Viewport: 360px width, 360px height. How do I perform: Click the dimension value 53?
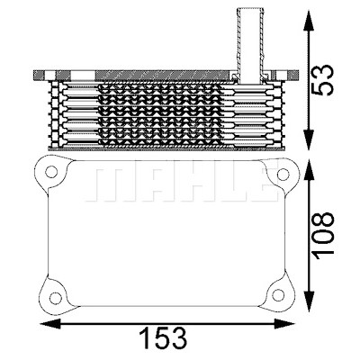(322, 80)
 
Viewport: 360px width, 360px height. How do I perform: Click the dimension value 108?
(322, 234)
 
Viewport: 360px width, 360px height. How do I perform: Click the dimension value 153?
(165, 338)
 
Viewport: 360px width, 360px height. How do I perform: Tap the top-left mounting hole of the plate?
(51, 172)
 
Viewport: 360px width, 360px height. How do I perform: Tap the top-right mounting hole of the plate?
(283, 175)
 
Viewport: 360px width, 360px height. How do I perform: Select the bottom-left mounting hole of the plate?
(56, 298)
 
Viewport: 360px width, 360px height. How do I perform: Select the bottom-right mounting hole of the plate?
(278, 295)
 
